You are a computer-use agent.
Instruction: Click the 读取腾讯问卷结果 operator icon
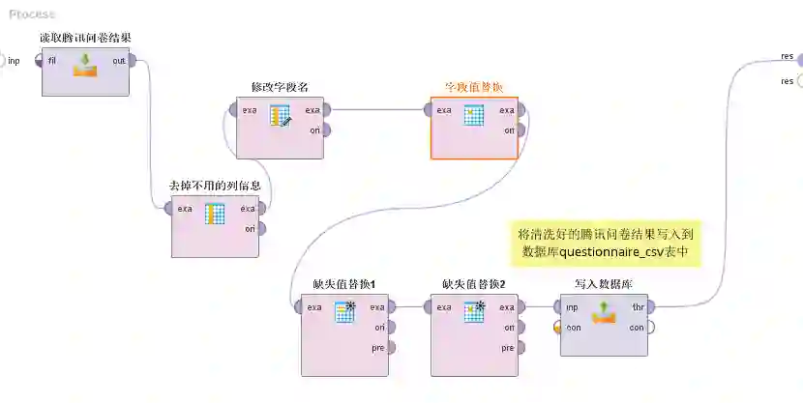pyautogui.click(x=86, y=65)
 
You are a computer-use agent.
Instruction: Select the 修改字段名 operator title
pyautogui.click(x=280, y=87)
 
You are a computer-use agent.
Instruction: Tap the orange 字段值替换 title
pyautogui.click(x=473, y=87)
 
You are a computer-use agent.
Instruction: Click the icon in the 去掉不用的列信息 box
pyautogui.click(x=215, y=214)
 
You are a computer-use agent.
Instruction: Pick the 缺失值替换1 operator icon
pyautogui.click(x=345, y=311)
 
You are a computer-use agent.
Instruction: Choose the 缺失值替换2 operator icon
pyautogui.click(x=474, y=311)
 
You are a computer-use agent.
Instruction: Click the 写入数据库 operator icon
pyautogui.click(x=604, y=311)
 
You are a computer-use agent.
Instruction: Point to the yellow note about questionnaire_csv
pyautogui.click(x=606, y=243)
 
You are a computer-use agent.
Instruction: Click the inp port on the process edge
pyautogui.click(x=3, y=60)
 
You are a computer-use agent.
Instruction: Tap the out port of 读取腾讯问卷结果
pyautogui.click(x=134, y=60)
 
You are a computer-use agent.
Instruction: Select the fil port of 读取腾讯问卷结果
pyautogui.click(x=40, y=60)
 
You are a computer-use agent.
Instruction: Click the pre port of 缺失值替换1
pyautogui.click(x=393, y=347)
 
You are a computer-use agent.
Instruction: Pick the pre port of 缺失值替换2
pyautogui.click(x=521, y=347)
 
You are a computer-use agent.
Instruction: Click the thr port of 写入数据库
pyautogui.click(x=651, y=307)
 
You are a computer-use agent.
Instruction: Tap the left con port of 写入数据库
pyautogui.click(x=558, y=327)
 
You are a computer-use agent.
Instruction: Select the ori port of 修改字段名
pyautogui.click(x=327, y=130)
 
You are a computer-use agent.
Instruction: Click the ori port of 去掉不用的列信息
pyautogui.click(x=261, y=228)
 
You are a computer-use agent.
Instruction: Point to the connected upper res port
pyautogui.click(x=799, y=58)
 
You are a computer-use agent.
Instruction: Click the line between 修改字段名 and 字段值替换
pyautogui.click(x=377, y=109)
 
